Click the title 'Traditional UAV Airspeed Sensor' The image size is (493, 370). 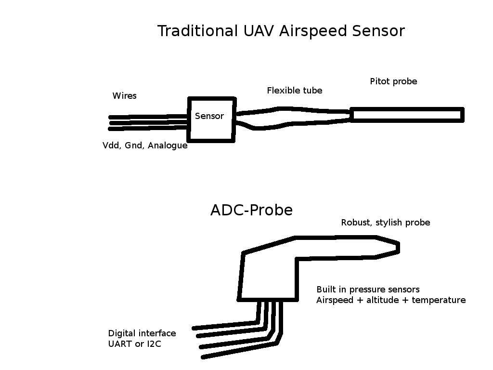[x=281, y=31]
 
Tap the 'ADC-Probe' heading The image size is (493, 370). [x=251, y=211]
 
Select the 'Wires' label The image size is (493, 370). [x=125, y=96]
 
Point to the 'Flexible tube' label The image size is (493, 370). [x=295, y=91]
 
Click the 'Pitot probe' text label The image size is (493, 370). [x=393, y=81]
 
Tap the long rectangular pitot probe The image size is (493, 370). [x=407, y=115]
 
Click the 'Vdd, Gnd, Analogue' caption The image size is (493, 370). [x=145, y=145]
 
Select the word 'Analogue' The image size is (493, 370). [x=168, y=145]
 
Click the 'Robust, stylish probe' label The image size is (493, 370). [x=385, y=223]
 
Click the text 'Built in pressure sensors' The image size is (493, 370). [x=368, y=290]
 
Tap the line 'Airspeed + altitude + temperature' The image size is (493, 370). [x=391, y=300]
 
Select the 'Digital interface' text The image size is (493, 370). [x=142, y=333]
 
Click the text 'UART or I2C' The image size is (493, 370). [x=133, y=344]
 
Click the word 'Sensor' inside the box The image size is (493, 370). [x=209, y=116]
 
